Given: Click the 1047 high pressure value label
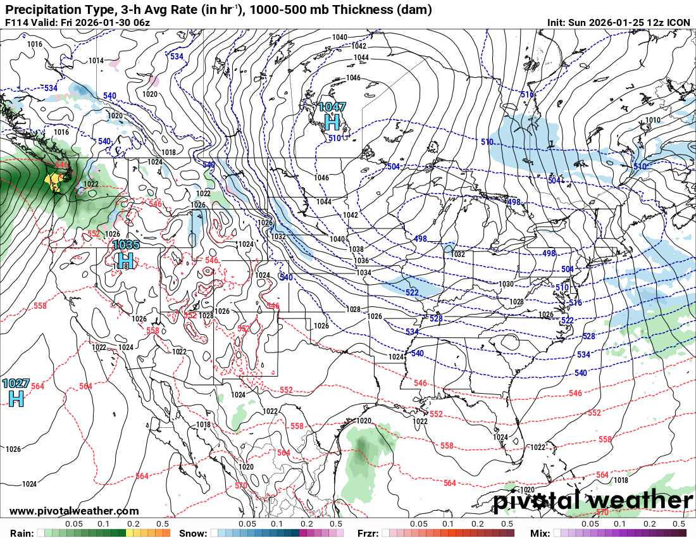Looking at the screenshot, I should pos(332,107).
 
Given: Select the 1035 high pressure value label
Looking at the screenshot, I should pos(126,245).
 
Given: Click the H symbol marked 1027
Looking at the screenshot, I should pos(15,397).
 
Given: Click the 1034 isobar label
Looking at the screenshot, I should pos(364,272).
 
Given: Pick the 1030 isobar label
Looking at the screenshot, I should pos(506,284).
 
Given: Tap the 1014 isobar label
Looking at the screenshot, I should pos(96,61).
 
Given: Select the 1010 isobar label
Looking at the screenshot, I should pos(652,120).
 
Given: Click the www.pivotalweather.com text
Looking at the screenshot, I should pos(74,511).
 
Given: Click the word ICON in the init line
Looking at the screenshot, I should pos(679,22).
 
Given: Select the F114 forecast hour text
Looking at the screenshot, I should pos(16,22).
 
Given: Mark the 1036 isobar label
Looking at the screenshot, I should pos(361,261).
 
